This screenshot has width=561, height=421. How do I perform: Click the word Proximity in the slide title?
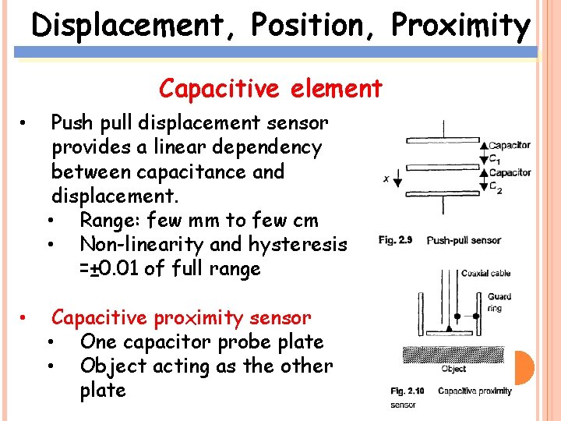coord(460,26)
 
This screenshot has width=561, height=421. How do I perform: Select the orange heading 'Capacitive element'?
coord(270,89)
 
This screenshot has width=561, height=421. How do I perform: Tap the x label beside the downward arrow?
coord(386,179)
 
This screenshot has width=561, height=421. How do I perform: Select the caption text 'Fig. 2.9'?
coord(396,240)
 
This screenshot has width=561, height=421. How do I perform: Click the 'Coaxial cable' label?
coord(486,273)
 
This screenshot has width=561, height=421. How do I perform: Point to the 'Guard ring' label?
coord(499,302)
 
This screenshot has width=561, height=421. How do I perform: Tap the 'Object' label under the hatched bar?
coord(453,370)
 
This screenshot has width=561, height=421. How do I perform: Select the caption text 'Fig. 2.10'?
coord(407,391)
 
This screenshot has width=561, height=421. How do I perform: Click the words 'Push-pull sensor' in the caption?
coord(464,240)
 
